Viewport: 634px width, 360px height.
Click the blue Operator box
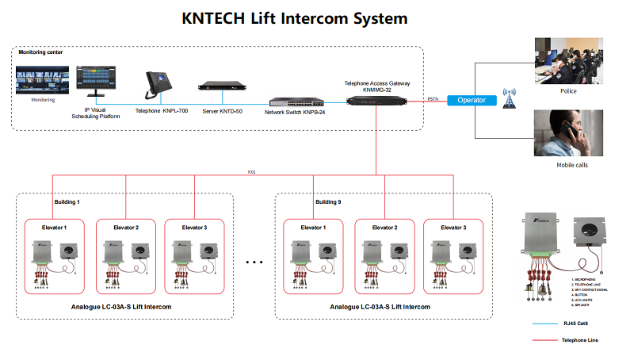[x=472, y=100]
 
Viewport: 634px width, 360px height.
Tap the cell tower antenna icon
[x=510, y=100]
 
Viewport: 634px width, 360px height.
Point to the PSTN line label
[x=433, y=99]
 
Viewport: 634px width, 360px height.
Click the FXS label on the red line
[x=251, y=171]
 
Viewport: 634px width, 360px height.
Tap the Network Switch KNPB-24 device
[x=293, y=103]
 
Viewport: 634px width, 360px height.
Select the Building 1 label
[x=67, y=202]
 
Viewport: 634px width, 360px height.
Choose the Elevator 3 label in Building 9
[x=453, y=228]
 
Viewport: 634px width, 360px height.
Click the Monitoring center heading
[x=40, y=52]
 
